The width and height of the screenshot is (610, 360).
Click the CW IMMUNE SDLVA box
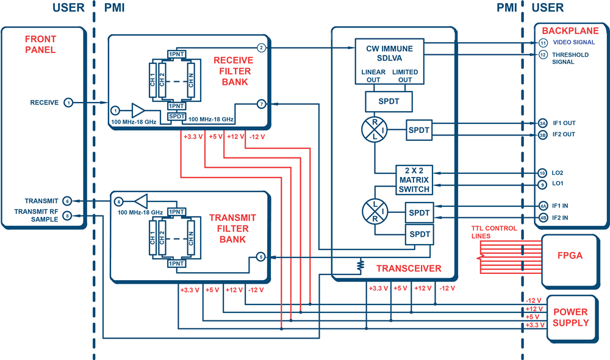click(x=389, y=61)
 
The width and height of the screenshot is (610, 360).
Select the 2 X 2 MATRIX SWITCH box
click(x=414, y=180)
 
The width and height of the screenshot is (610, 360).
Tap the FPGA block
click(x=570, y=261)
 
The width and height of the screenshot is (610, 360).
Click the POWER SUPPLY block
click(x=572, y=319)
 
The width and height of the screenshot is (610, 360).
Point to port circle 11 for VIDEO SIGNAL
click(x=543, y=43)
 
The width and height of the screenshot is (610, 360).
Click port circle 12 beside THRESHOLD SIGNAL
click(x=543, y=55)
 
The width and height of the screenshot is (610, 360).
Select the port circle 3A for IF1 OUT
click(x=543, y=123)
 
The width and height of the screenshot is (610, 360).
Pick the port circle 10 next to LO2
click(x=542, y=173)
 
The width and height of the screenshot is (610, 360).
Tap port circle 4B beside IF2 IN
click(x=543, y=218)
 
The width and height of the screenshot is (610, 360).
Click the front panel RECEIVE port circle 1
click(x=68, y=103)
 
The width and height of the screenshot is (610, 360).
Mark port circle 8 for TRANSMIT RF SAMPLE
click(x=67, y=215)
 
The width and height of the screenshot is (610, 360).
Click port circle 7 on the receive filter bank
click(x=262, y=104)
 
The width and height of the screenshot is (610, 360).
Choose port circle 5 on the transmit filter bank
click(x=261, y=257)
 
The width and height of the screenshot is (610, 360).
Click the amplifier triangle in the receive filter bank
click(x=138, y=110)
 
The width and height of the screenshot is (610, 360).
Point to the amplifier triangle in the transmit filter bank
click(x=142, y=201)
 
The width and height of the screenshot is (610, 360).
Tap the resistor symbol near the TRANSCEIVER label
click(x=361, y=265)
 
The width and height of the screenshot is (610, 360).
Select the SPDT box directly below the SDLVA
click(x=389, y=101)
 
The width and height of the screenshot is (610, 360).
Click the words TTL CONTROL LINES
click(x=494, y=232)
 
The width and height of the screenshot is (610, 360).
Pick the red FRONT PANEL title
click(x=40, y=45)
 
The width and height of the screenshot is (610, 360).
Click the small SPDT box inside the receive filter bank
click(x=177, y=117)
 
